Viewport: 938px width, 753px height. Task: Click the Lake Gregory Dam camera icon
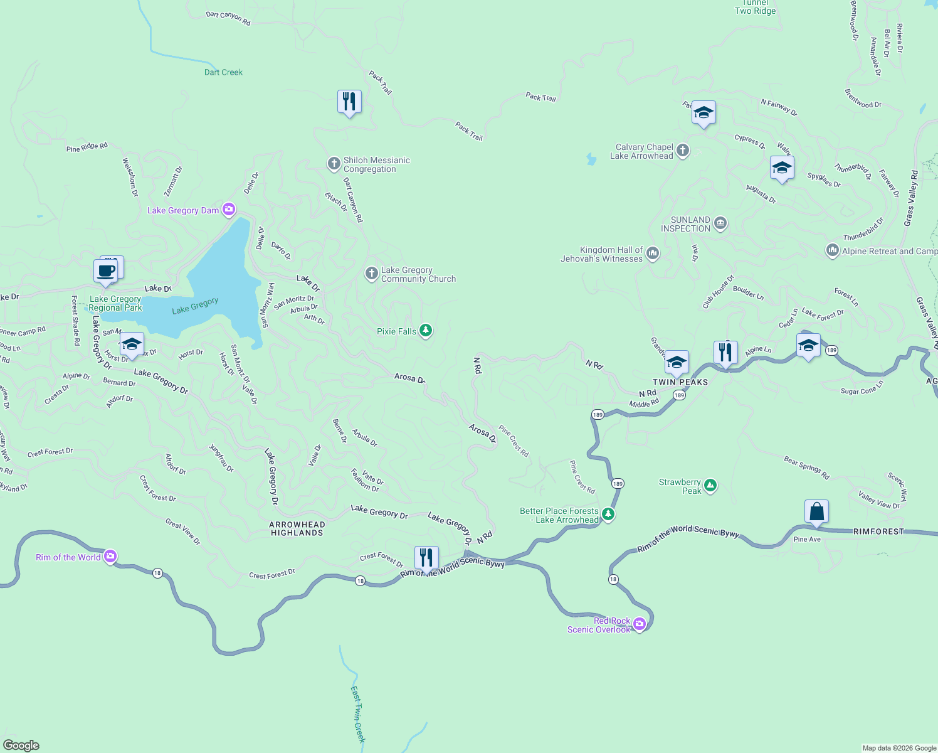[229, 210]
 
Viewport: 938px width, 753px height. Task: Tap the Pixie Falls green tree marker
[426, 331]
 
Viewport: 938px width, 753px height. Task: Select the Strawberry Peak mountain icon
[710, 485]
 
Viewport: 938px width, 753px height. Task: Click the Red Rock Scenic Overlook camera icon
[639, 624]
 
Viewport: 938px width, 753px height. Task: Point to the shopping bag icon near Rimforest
[816, 511]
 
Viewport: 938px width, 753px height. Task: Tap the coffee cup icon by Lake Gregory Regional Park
[106, 272]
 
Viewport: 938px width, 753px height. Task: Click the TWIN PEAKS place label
[680, 382]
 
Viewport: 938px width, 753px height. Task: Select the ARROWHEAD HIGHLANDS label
[297, 528]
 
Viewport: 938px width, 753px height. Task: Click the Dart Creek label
[223, 72]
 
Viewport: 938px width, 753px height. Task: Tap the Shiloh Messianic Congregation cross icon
[334, 164]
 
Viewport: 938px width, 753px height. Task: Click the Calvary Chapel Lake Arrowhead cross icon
[683, 151]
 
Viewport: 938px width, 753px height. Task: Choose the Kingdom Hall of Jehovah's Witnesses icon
[653, 254]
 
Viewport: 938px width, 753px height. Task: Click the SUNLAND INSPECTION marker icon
[720, 223]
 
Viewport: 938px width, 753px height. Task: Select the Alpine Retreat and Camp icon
[832, 250]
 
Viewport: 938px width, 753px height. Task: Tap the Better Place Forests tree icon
[608, 515]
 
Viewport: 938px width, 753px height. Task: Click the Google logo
[21, 745]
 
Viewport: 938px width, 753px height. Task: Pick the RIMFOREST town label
[878, 531]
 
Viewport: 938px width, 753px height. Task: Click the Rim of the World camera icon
[110, 556]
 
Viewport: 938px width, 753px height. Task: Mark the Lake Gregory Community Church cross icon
[372, 274]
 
